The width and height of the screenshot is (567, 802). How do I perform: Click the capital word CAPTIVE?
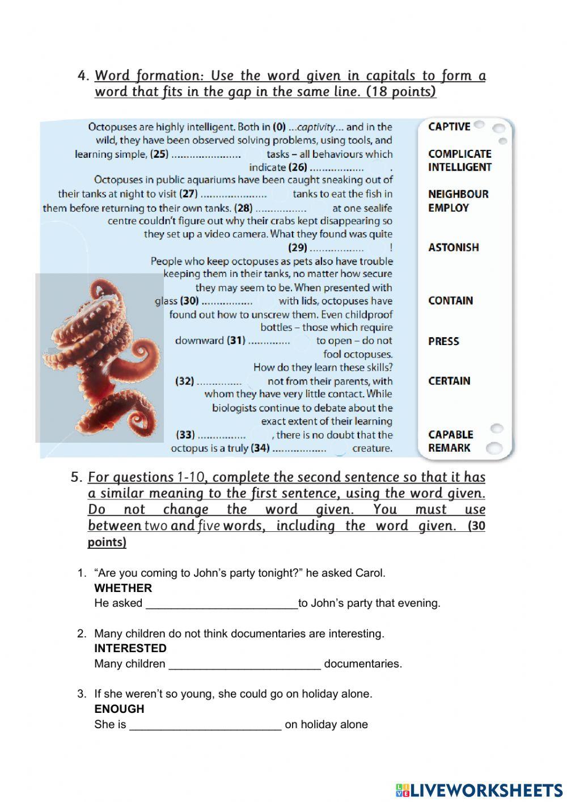click(449, 127)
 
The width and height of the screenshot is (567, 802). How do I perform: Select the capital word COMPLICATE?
click(459, 154)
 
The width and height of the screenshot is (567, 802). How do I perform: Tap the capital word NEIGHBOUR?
click(458, 194)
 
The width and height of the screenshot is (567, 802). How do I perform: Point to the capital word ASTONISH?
click(453, 247)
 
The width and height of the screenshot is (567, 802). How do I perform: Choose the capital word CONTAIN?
click(450, 301)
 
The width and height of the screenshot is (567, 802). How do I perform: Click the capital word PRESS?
click(443, 341)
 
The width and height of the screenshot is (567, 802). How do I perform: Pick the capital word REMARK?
click(449, 448)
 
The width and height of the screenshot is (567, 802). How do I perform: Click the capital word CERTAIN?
click(449, 381)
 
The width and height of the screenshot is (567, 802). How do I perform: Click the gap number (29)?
click(298, 247)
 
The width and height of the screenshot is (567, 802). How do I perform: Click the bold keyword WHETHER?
click(123, 588)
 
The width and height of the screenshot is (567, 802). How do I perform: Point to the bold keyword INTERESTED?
click(130, 648)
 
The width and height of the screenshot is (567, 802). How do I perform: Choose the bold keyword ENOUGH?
click(119, 709)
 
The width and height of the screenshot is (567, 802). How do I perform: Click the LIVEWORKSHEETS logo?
click(479, 790)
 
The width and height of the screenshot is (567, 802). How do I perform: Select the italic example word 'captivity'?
click(317, 127)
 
